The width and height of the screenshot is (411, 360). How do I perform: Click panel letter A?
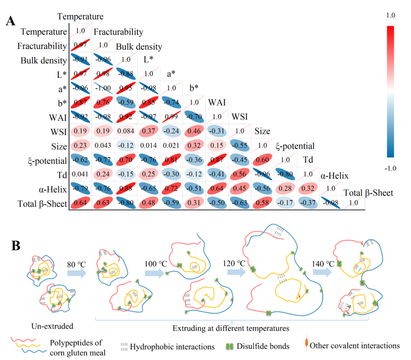(11, 21)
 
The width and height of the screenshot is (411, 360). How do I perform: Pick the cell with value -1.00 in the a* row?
(103, 88)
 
